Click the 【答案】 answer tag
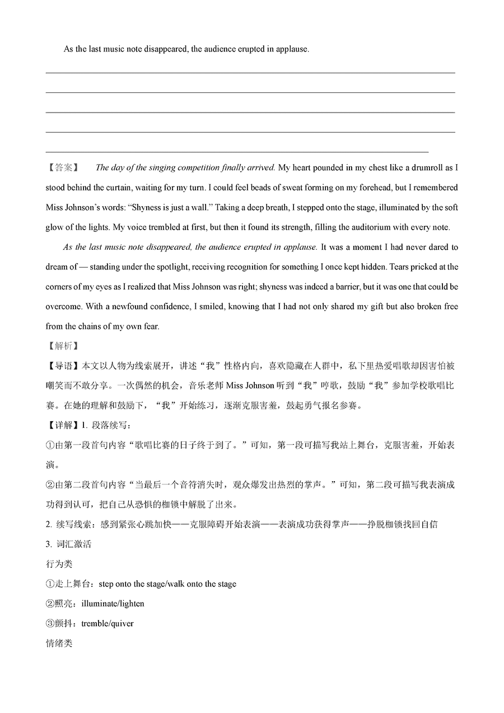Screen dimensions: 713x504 point(62,167)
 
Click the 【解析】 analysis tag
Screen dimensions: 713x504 point(62,346)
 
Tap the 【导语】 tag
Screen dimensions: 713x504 point(63,366)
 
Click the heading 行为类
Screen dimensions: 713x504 point(59,563)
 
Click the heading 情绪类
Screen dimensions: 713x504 point(59,643)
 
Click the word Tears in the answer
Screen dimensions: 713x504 point(419,267)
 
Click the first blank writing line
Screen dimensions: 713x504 point(250,73)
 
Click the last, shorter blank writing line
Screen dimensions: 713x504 point(236,152)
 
